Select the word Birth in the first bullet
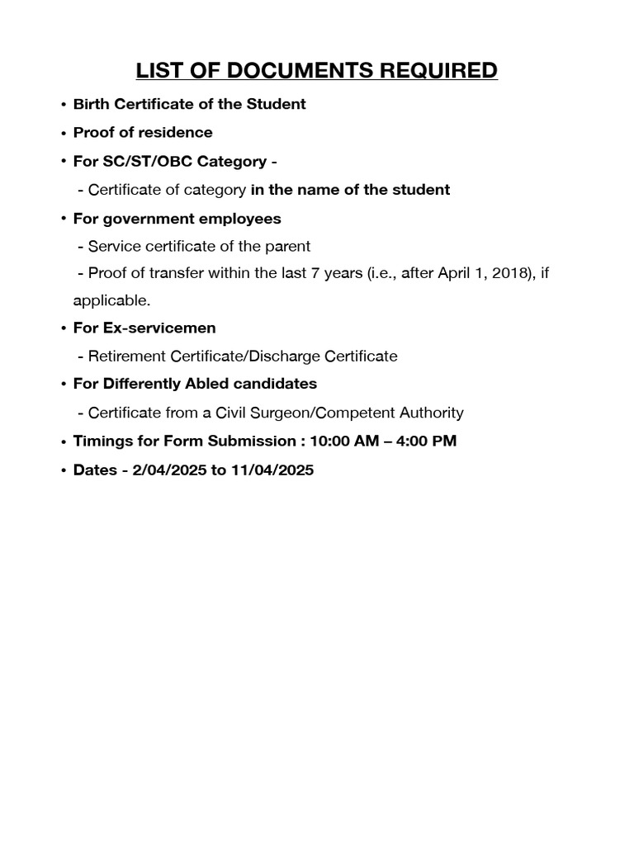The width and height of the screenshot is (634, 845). click(90, 104)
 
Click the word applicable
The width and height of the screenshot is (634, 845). click(117, 301)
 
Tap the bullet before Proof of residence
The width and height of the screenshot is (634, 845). click(63, 133)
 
